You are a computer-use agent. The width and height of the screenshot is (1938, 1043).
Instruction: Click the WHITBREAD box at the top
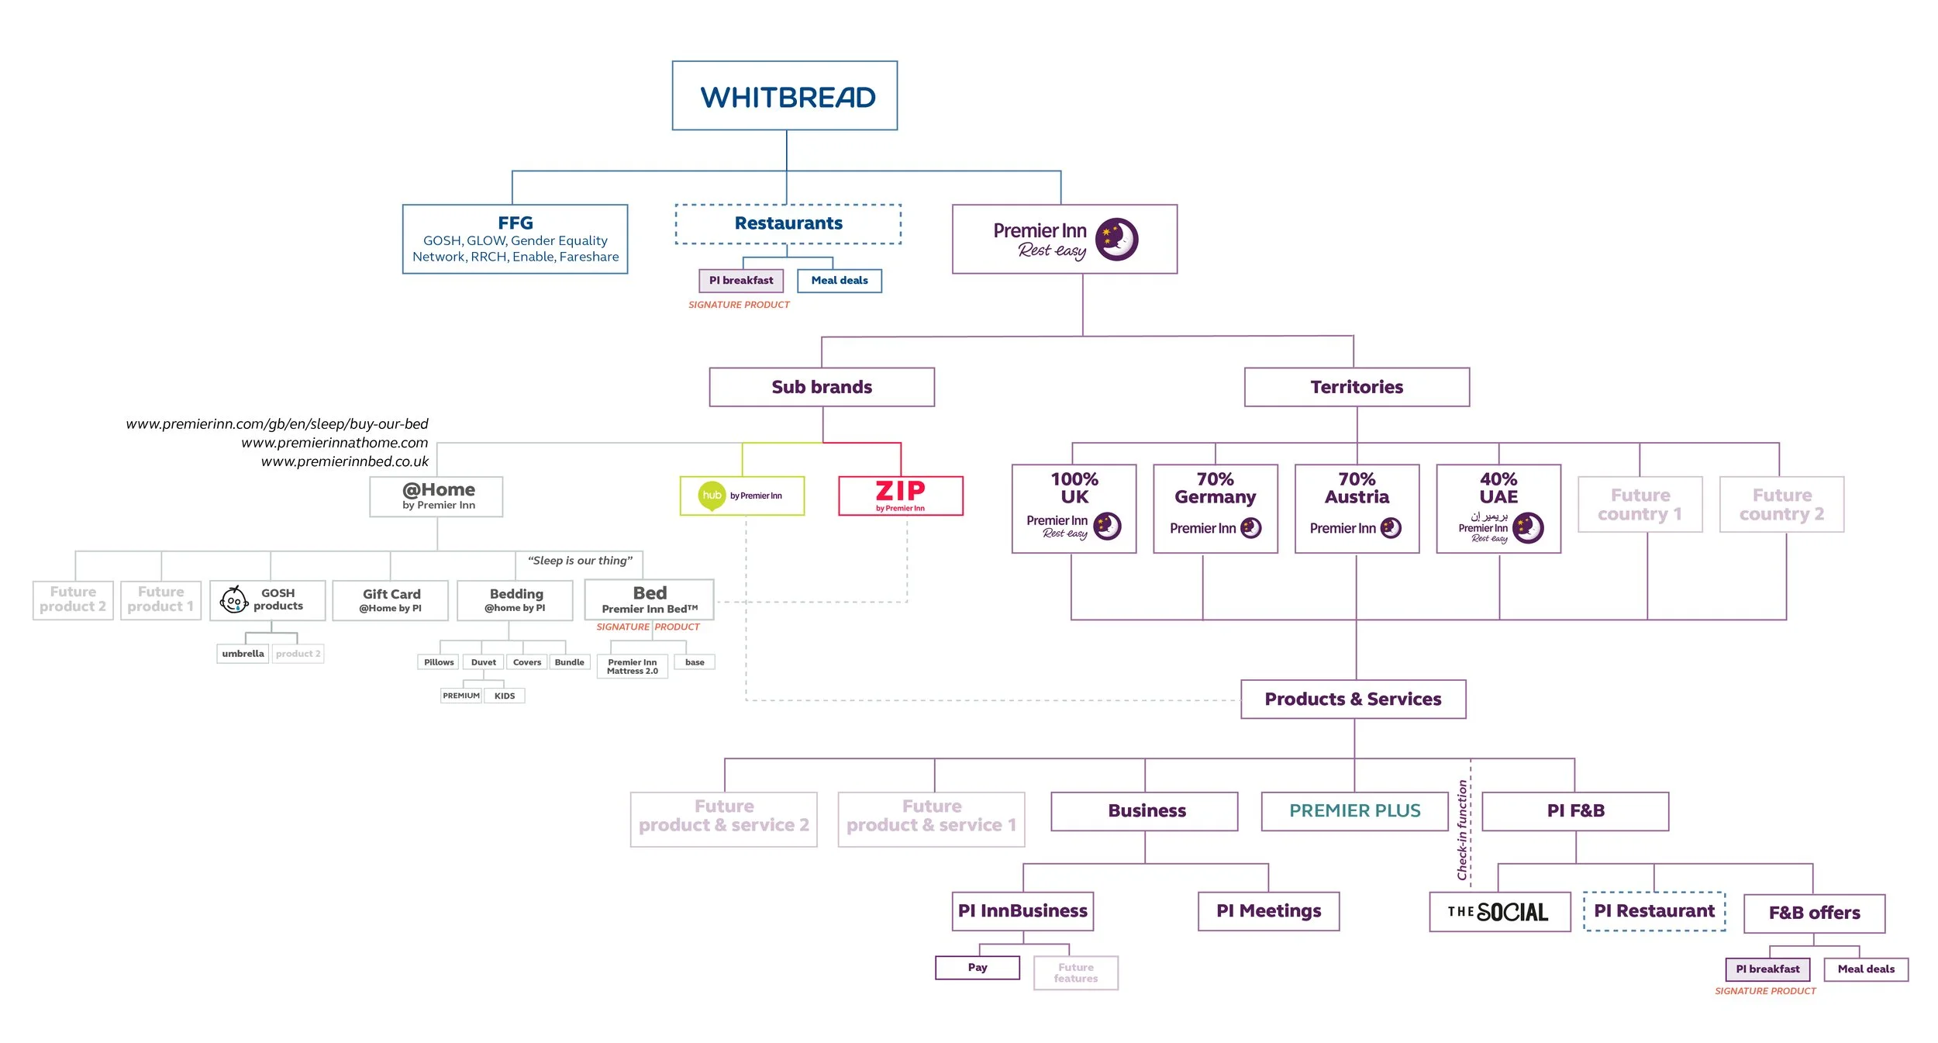[x=785, y=96]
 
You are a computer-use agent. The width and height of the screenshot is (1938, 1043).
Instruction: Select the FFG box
[x=515, y=239]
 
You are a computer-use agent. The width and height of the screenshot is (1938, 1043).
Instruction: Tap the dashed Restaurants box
[x=788, y=224]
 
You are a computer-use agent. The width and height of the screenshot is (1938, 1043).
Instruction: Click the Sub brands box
[x=822, y=387]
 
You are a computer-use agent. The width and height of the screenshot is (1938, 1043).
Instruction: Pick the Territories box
[x=1357, y=387]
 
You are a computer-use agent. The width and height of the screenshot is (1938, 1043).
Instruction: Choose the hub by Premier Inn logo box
[x=742, y=496]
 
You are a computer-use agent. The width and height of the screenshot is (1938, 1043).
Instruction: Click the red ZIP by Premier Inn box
[x=900, y=496]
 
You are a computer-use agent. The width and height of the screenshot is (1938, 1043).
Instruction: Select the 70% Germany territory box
[x=1215, y=508]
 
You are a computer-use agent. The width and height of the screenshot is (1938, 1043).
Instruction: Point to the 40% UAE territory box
[x=1498, y=508]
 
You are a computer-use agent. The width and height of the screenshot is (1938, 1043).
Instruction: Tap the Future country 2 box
[x=1781, y=504]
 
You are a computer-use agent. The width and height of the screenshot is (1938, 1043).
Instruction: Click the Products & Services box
[x=1353, y=699]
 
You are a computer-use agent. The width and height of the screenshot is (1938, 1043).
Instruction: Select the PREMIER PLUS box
[x=1354, y=810]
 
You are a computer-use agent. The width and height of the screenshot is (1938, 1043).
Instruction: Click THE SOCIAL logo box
[x=1499, y=911]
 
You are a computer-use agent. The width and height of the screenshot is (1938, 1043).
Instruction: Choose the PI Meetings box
[x=1268, y=910]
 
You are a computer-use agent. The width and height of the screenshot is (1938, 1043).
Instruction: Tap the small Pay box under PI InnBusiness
[x=977, y=967]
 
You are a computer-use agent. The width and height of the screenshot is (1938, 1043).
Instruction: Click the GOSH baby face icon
[x=233, y=599]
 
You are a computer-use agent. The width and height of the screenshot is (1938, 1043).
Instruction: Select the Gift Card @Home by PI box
[x=391, y=600]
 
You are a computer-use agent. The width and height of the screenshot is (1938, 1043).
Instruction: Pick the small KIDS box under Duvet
[x=504, y=696]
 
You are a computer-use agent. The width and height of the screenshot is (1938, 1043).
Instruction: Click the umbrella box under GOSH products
[x=243, y=654]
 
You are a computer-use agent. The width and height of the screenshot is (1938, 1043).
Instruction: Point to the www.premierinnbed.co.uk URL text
[x=344, y=461]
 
